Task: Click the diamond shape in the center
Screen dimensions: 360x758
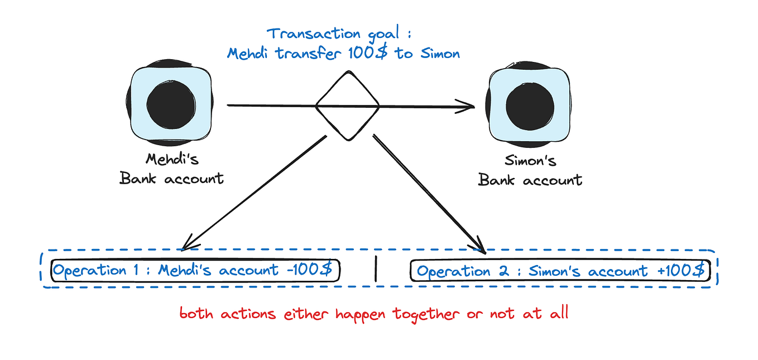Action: point(347,105)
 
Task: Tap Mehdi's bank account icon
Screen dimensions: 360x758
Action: point(171,105)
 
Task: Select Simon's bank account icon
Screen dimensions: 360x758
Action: point(529,105)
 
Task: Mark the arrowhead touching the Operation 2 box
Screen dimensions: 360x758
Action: point(480,246)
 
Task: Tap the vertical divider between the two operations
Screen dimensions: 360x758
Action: point(376,268)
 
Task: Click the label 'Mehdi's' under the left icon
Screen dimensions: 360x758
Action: point(172,159)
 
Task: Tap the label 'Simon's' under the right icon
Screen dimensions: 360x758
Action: point(530,161)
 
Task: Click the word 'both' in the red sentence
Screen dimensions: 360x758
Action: point(198,313)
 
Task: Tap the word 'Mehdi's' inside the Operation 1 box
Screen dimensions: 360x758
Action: point(185,270)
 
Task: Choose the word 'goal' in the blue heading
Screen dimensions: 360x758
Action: point(391,34)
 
